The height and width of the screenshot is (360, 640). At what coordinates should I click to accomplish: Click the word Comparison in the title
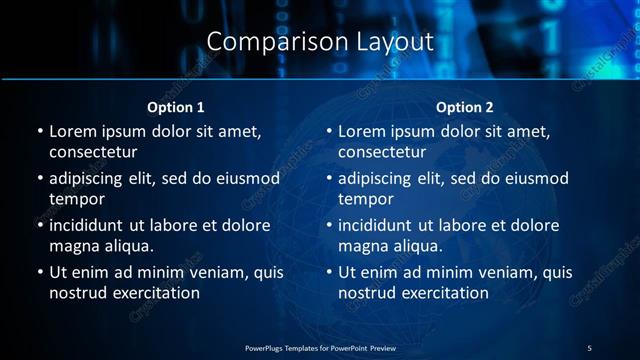(x=265, y=42)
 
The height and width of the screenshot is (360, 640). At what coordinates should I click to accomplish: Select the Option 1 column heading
(x=176, y=107)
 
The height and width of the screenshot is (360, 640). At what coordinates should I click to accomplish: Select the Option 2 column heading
(x=465, y=107)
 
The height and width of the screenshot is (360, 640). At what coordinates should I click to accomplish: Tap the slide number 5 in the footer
(x=589, y=347)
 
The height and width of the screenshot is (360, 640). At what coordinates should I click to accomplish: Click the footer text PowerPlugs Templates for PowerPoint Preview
(x=320, y=347)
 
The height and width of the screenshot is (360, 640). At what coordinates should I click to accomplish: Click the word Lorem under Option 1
(x=72, y=131)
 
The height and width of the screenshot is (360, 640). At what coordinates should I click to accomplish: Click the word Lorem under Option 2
(x=361, y=131)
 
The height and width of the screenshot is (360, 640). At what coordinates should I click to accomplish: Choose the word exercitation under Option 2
(x=439, y=293)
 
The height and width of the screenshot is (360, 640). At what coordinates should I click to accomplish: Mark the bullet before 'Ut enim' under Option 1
(x=39, y=272)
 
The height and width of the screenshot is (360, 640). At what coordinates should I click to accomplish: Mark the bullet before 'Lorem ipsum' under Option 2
(x=328, y=131)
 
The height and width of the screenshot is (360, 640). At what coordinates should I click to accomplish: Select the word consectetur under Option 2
(x=382, y=152)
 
